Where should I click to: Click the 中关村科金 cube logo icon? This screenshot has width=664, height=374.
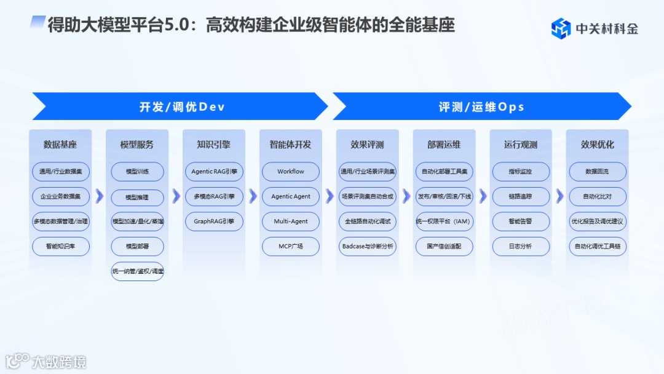coord(561,28)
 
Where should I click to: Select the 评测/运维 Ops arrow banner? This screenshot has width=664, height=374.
coord(481,106)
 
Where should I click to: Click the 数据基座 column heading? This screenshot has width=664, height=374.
coord(60,145)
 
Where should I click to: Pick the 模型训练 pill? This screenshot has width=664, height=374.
coord(137,172)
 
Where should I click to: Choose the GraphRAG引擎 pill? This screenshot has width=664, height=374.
coord(214,221)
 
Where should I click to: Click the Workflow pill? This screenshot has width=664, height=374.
coord(291,172)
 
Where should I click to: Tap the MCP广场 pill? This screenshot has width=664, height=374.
coord(291,247)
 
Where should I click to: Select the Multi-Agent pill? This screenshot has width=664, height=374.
coord(291,221)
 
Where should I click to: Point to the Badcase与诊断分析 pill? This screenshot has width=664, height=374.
coord(368,247)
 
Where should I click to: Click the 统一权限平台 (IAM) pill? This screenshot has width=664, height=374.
coord(444,221)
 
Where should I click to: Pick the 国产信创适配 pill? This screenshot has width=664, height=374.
coord(444,247)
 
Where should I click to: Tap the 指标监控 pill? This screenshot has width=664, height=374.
coord(521,172)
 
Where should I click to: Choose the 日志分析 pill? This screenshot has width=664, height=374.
coord(521,247)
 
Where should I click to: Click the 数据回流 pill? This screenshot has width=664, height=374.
coord(598,172)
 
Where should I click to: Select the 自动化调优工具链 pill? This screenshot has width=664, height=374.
coord(598,247)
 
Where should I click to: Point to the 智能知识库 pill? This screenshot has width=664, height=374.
coord(60,247)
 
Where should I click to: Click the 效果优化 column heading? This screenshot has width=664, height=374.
coord(598,145)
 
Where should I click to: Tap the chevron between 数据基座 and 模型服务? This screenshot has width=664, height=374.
coord(99,196)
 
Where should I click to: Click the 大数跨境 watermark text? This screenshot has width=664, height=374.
coord(59,361)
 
